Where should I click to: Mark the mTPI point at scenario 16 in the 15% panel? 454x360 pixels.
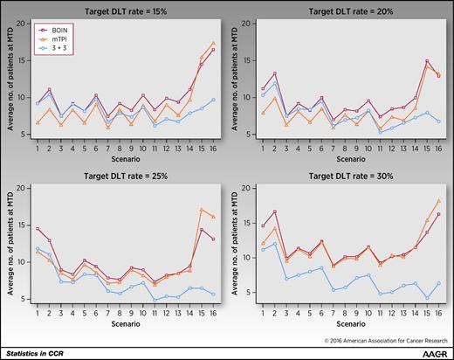[214, 43]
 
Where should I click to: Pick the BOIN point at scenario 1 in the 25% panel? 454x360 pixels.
[36, 229]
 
